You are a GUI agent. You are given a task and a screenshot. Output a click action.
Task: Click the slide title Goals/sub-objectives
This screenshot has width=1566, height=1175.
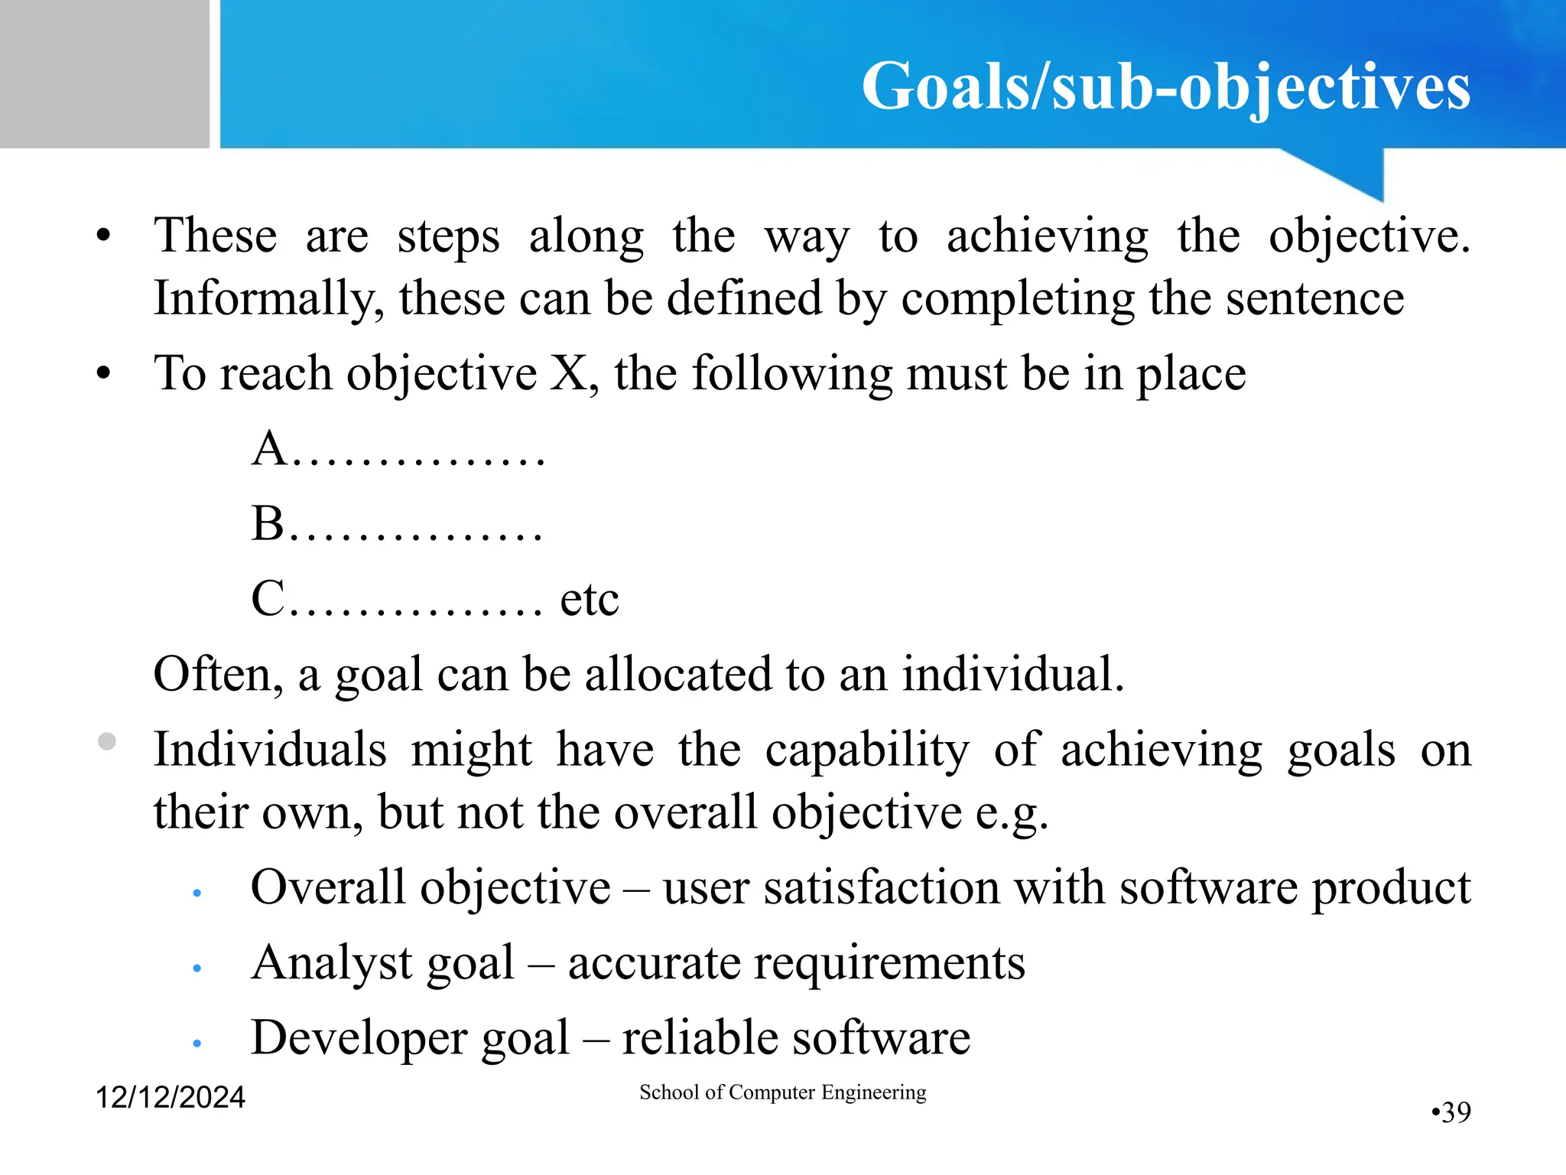[x=1165, y=86]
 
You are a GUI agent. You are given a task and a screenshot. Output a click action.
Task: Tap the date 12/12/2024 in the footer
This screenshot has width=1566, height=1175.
[x=170, y=1097]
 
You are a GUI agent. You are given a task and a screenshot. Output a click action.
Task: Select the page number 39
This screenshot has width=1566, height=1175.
[x=1455, y=1112]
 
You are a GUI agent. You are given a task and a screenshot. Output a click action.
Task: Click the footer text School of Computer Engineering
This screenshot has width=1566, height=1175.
[x=782, y=1092]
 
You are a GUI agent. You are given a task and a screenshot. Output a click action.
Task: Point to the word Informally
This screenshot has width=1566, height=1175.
[x=268, y=298]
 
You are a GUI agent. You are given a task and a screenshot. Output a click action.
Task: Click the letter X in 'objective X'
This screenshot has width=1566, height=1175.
[x=568, y=373]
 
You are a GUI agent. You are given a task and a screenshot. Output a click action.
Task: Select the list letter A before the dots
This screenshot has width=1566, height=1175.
[x=269, y=449]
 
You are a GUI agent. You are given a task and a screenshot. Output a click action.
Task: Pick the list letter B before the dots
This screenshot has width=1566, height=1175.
[x=268, y=524]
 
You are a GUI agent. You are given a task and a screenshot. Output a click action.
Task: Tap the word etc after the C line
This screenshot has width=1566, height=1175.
[x=589, y=599]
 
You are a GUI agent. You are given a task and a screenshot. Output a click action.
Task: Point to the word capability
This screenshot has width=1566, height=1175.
[x=867, y=750]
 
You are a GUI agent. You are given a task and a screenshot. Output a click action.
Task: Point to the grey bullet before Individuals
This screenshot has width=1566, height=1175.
[x=107, y=741]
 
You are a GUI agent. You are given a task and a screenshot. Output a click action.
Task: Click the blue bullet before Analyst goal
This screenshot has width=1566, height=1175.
[x=197, y=968]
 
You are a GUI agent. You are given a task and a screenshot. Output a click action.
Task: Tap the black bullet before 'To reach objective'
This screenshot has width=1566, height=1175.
[x=104, y=374]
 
